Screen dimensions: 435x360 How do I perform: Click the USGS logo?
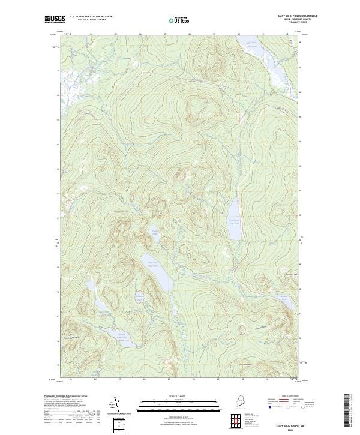[56, 19]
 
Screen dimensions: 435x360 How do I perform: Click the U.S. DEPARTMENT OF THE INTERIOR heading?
[91, 17]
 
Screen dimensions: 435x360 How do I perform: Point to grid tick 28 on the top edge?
[190, 34]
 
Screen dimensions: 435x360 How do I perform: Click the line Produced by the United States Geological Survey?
[66, 396]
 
